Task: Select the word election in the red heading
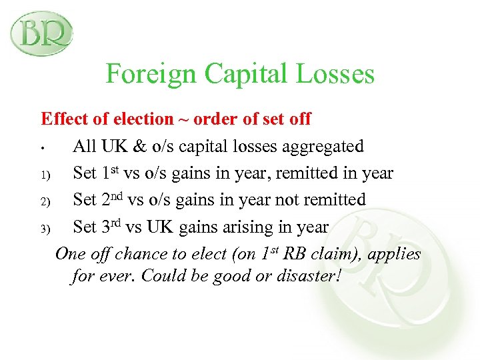click(140, 119)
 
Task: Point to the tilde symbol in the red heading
click(183, 120)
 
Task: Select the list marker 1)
click(45, 175)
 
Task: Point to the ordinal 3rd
click(111, 226)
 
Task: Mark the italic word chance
click(139, 255)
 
